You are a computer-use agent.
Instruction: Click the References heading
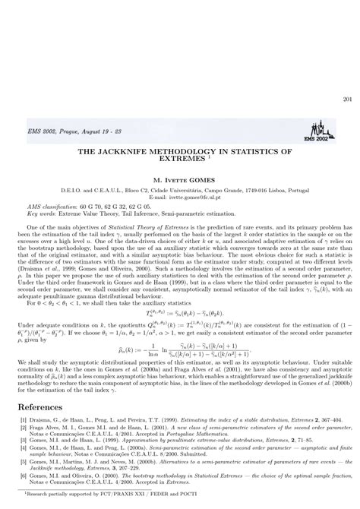point(45,407)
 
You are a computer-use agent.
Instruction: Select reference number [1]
point(22,420)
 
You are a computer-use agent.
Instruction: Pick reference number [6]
point(22,477)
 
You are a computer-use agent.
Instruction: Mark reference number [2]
point(22,428)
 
